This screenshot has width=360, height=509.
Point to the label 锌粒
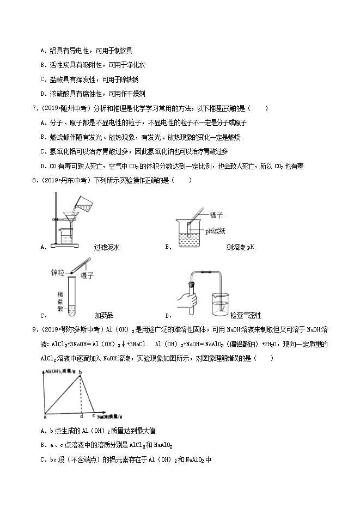[58, 271]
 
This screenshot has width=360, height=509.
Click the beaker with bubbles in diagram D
[219, 305]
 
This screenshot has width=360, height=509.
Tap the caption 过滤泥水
[106, 247]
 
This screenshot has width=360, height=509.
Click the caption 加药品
[103, 315]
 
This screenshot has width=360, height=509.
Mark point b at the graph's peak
[81, 372]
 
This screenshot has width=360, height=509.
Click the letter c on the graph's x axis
[94, 415]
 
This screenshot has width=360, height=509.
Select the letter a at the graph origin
[44, 417]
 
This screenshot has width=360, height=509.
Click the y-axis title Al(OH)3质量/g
[58, 370]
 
